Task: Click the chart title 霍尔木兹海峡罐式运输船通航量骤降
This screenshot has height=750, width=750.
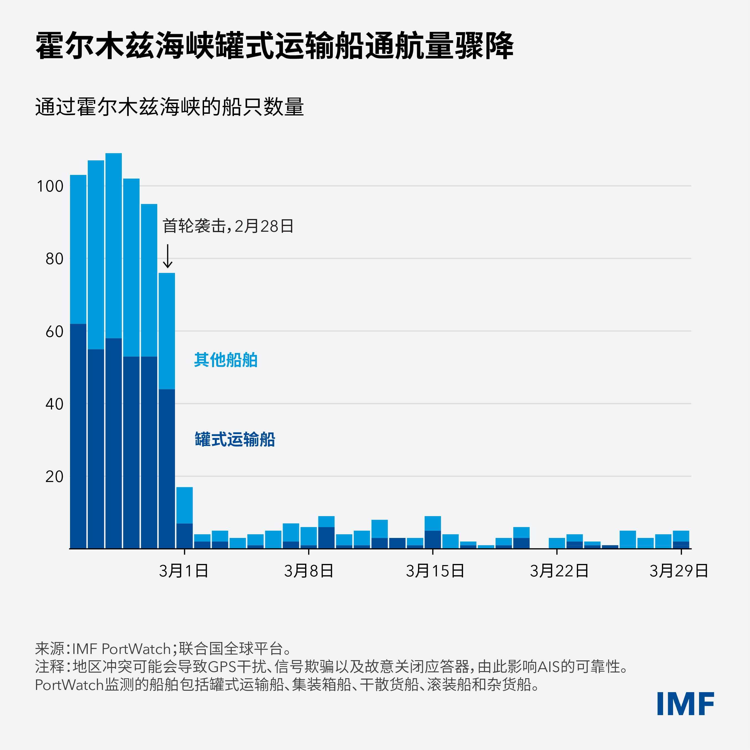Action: pos(274,46)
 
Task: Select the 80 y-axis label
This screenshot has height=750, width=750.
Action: pos(54,259)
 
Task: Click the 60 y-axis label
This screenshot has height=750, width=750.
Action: pos(54,331)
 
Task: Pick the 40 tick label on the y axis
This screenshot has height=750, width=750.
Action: pos(54,404)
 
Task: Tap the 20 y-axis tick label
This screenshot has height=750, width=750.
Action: pos(54,477)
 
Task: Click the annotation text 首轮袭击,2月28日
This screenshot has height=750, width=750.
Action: pos(228,226)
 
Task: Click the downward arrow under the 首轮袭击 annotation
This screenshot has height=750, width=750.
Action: pos(167,256)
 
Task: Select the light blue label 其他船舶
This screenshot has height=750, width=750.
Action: pos(226,360)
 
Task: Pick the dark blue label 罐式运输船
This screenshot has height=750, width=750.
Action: pos(234,439)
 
